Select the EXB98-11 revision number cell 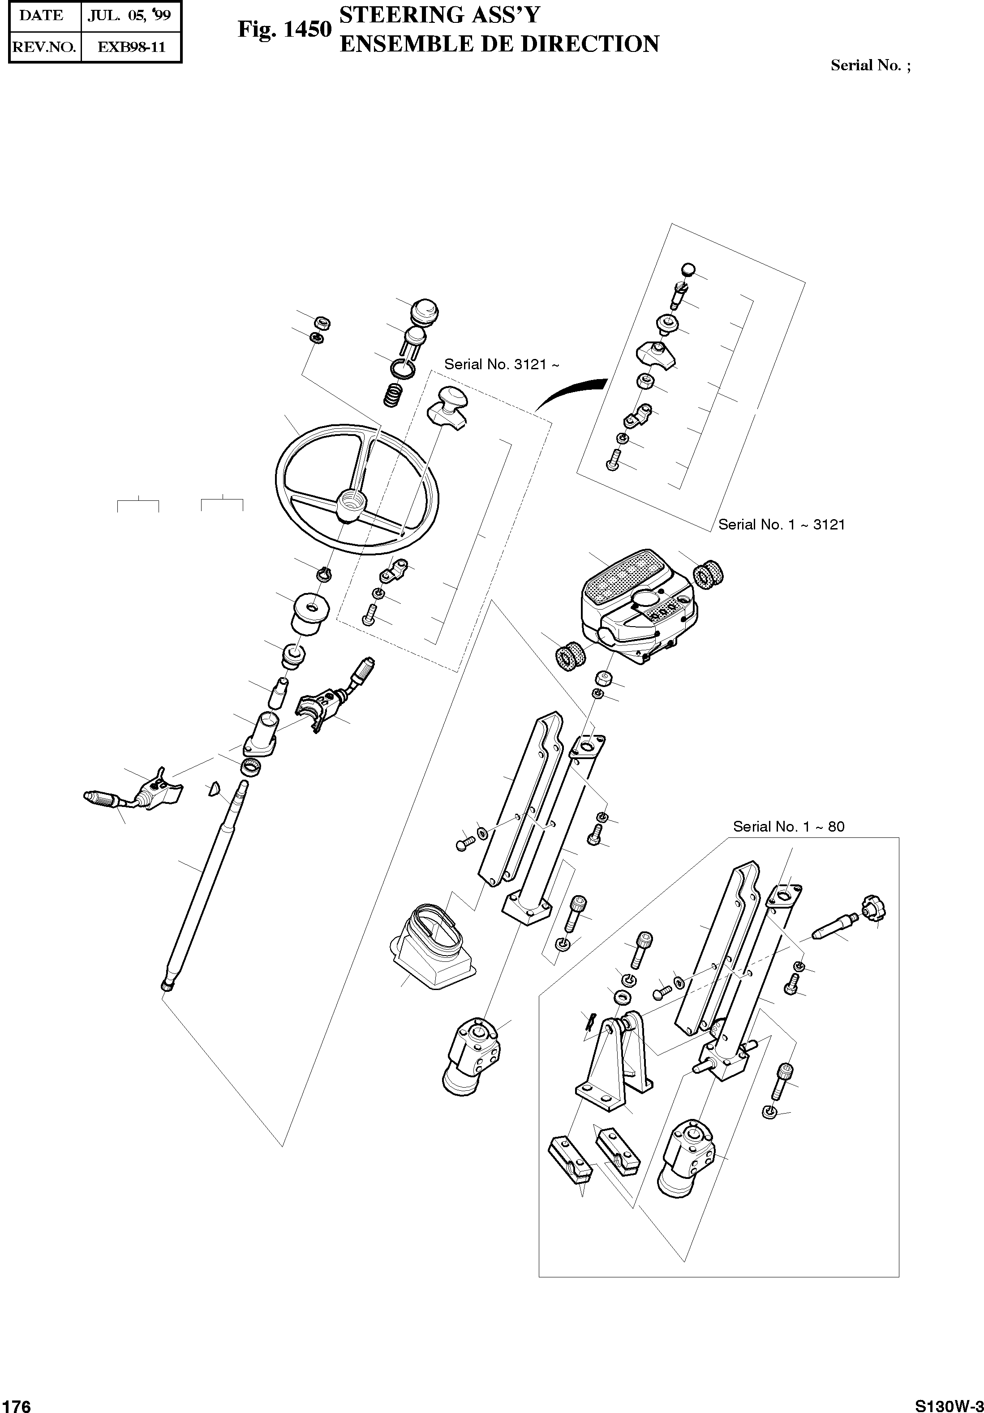point(131,47)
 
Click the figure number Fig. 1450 point(284,29)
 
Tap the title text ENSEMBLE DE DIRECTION point(499,44)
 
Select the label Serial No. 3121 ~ point(501,364)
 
